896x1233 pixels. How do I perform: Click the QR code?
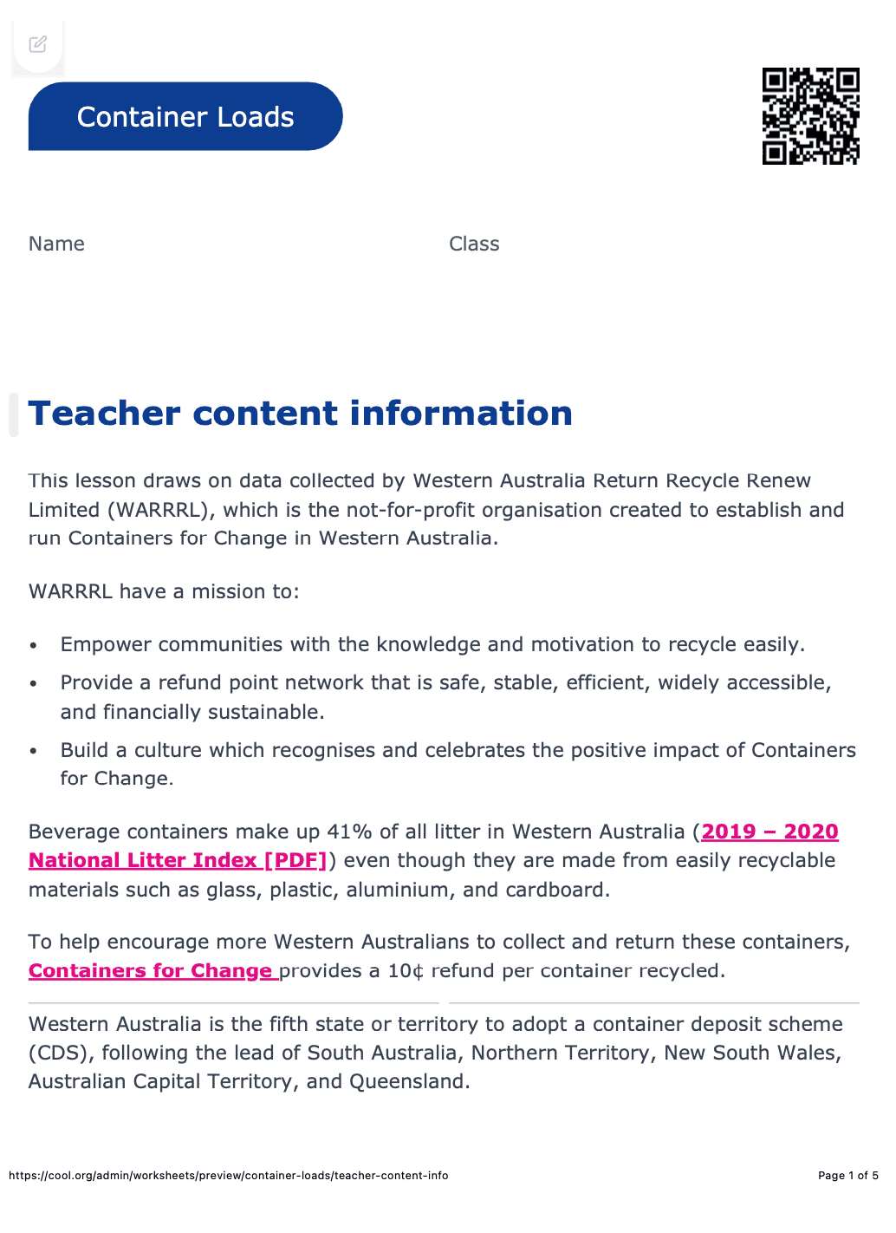[810, 116]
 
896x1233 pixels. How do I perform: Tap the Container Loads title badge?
[185, 117]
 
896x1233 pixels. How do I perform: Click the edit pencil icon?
[38, 44]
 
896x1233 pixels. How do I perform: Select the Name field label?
[56, 244]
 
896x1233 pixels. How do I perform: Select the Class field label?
[474, 244]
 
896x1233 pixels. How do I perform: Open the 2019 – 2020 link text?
[769, 832]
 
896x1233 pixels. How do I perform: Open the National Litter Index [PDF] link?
[178, 860]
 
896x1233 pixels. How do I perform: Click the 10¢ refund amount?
[406, 970]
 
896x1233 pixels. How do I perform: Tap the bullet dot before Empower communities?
[34, 646]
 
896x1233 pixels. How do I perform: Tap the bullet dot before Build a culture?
[34, 751]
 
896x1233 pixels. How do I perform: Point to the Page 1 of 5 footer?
[847, 1176]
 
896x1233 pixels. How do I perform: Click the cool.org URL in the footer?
[229, 1176]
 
